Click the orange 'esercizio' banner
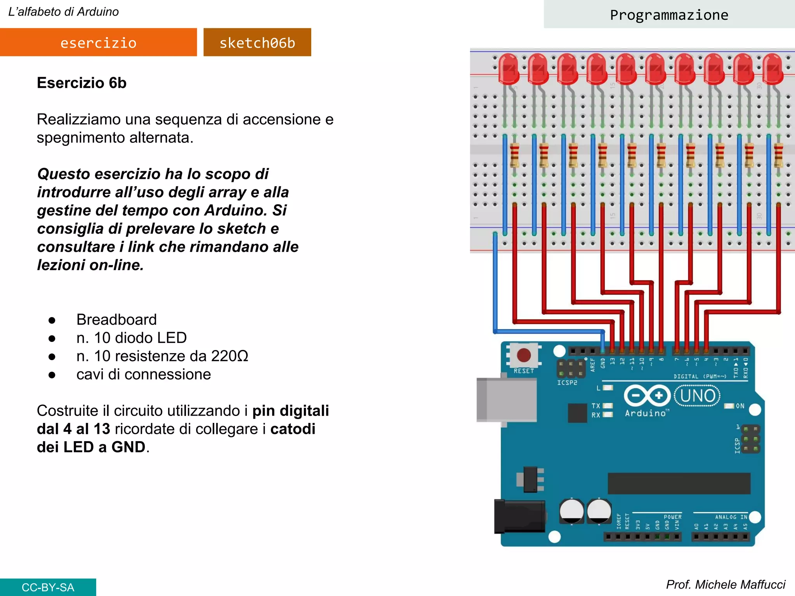point(98,42)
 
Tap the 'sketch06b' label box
point(257,42)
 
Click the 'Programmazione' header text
point(669,15)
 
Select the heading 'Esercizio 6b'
point(82,83)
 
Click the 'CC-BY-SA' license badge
point(48,587)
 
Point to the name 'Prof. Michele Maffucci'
point(725,584)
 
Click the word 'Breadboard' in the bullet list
point(116,319)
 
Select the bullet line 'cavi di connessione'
point(143,374)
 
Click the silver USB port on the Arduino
point(506,400)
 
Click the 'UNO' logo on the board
point(698,396)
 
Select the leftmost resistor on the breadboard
point(514,154)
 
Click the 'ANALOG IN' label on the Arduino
point(731,517)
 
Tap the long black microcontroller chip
point(679,483)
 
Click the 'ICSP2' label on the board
point(567,383)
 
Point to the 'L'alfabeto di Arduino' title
point(63,12)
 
